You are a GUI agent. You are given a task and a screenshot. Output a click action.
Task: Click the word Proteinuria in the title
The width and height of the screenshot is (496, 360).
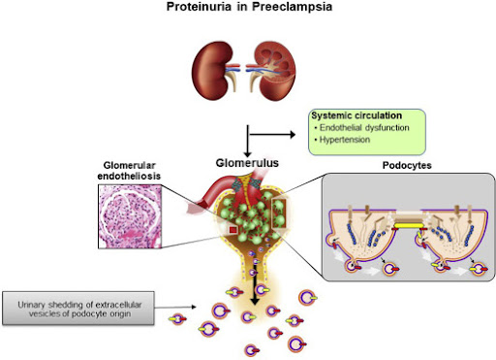[x=204, y=8]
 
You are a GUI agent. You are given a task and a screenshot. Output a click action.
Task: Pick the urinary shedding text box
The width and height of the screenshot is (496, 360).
[x=88, y=310]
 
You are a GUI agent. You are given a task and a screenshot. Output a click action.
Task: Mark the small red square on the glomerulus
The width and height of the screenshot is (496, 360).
[x=233, y=229]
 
